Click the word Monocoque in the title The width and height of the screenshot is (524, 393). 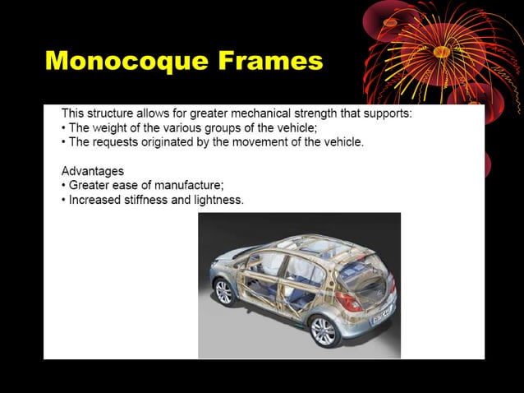pyautogui.click(x=122, y=60)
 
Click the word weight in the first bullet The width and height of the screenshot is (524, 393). pyautogui.click(x=114, y=127)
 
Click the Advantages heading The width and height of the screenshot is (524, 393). pyautogui.click(x=93, y=171)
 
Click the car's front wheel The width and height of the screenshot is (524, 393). pyautogui.click(x=223, y=291)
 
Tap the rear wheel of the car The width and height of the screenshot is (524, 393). pyautogui.click(x=323, y=330)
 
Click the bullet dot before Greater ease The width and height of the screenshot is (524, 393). pyautogui.click(x=64, y=186)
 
